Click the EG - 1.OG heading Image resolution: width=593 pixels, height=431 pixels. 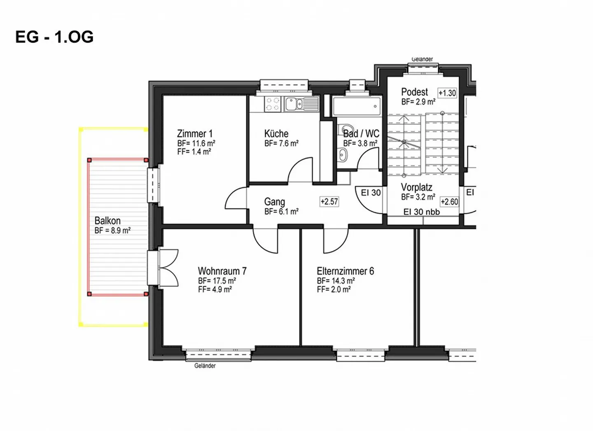point(54,37)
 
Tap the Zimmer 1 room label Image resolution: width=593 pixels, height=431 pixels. point(195,134)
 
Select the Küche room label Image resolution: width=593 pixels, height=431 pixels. point(276,134)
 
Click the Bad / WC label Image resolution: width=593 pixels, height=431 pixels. point(361,134)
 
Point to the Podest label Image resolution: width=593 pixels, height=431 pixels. point(414,92)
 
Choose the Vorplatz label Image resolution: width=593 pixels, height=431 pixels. point(416,187)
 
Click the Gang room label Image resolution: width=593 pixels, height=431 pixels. point(275,202)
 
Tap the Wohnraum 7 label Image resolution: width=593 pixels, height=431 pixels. point(222,271)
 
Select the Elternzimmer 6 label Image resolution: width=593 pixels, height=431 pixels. point(345,271)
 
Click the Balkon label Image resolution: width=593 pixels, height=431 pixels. point(107,221)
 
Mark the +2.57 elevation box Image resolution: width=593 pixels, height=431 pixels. point(329,202)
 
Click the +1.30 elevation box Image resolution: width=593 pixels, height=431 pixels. point(447,93)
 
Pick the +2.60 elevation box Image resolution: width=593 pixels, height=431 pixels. point(449,202)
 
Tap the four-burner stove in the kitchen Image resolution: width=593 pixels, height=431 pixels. point(272,104)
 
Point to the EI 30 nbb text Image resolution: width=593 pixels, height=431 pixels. point(421,212)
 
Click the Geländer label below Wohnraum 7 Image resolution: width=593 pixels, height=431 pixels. point(205,366)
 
